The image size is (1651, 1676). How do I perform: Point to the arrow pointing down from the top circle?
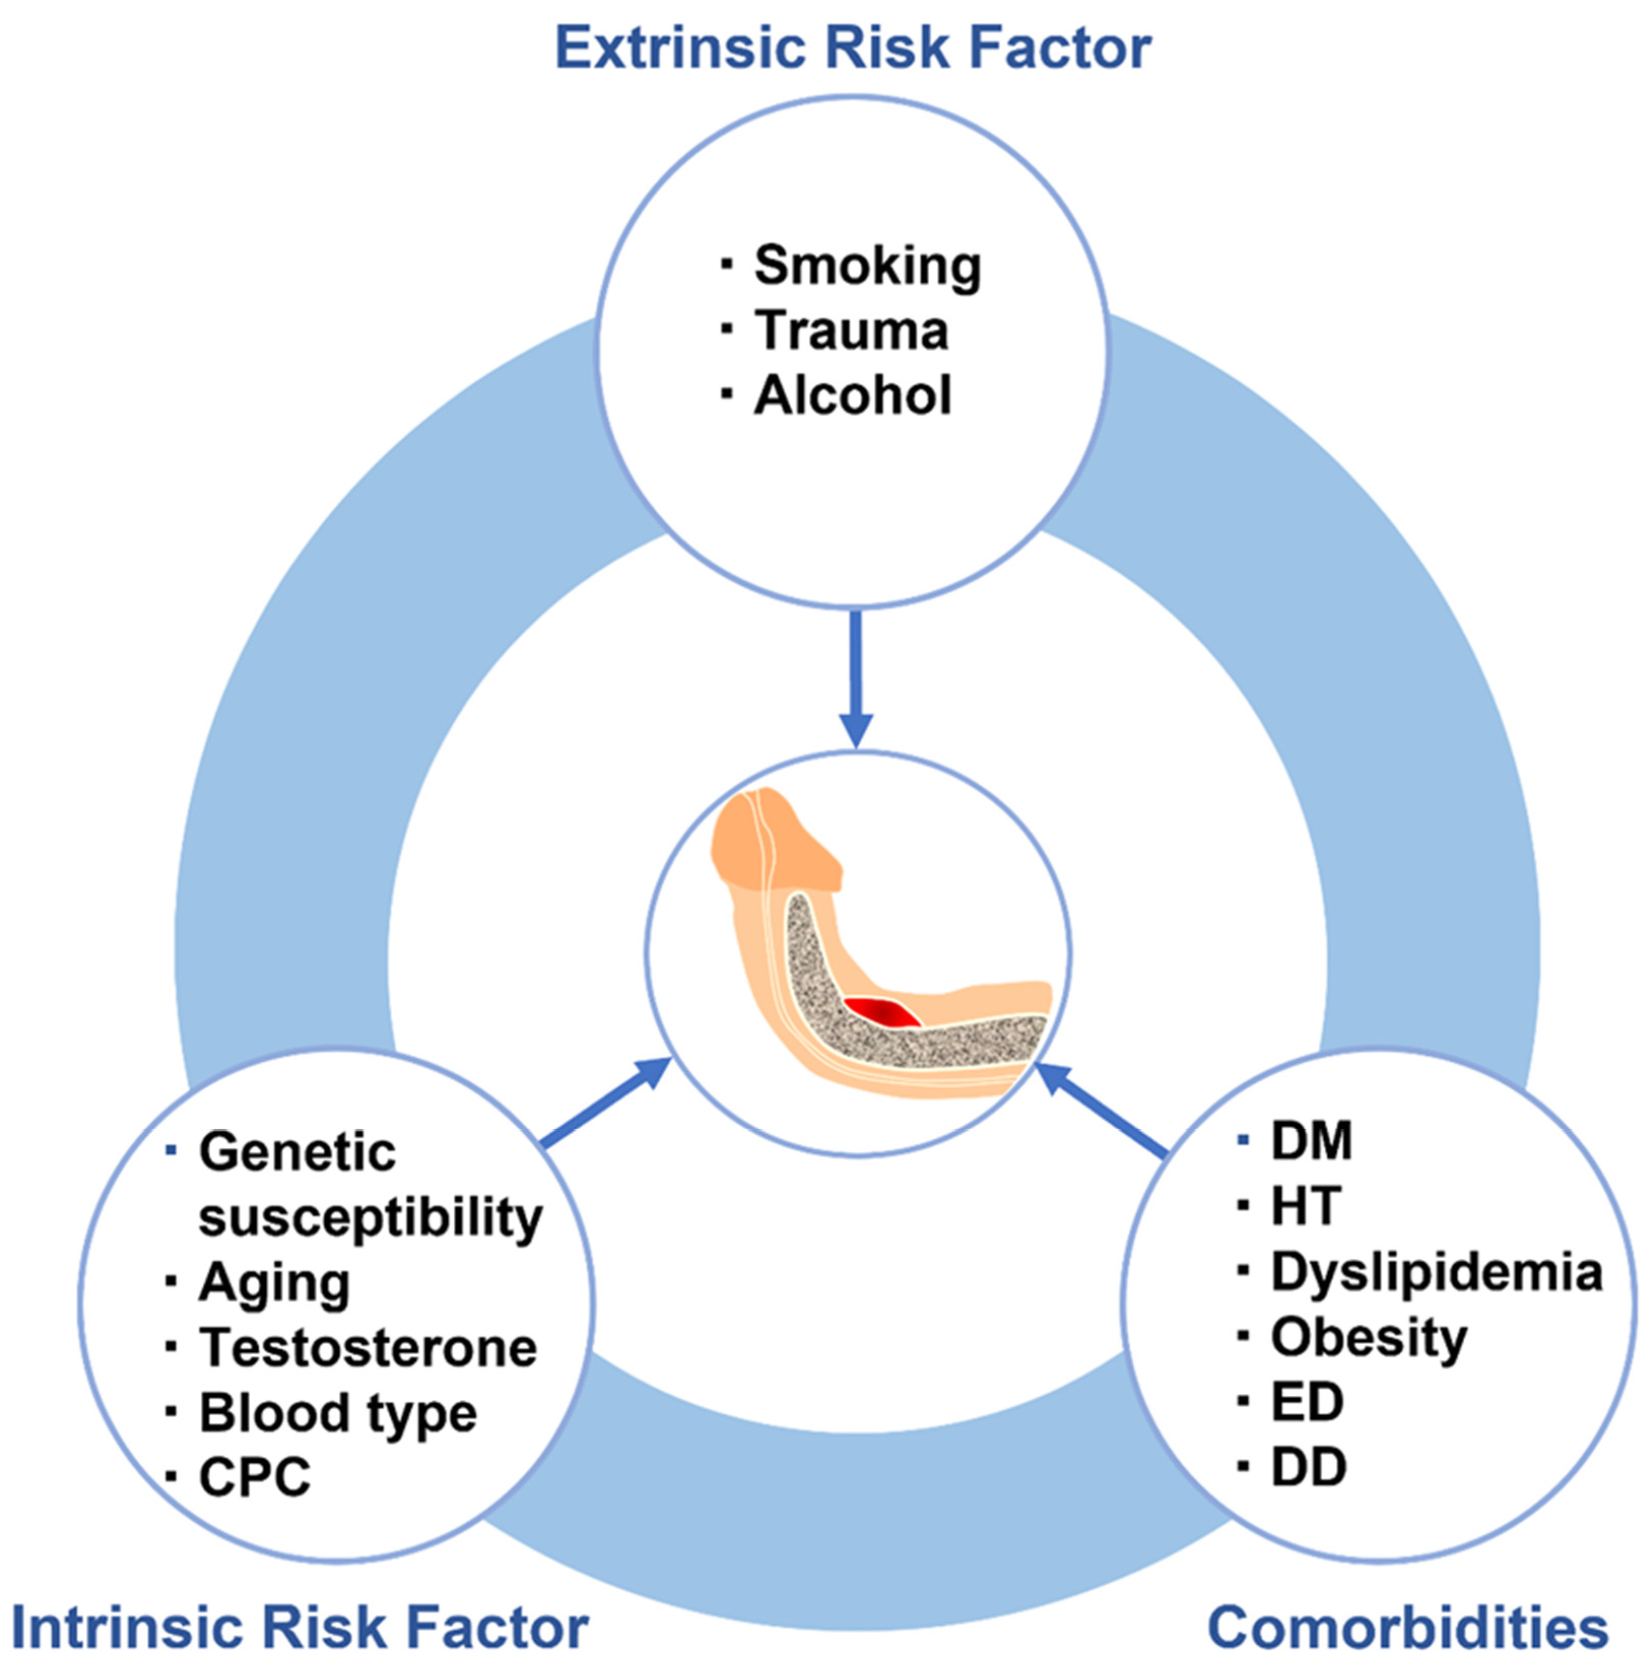856,678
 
